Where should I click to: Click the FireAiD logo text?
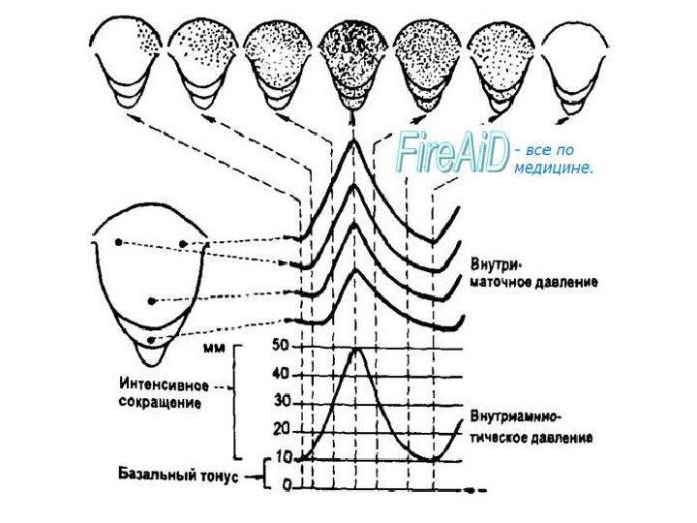[451, 155]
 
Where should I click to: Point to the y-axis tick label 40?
[283, 374]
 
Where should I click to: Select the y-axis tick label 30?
[283, 401]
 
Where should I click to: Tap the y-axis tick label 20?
[283, 429]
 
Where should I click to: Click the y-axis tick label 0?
[287, 485]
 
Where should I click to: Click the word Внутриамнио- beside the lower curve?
[516, 417]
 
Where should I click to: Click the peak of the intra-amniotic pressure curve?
[357, 349]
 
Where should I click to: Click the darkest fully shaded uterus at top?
[351, 63]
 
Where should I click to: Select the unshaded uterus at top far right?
[575, 63]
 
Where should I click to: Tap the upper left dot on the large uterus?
[119, 242]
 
